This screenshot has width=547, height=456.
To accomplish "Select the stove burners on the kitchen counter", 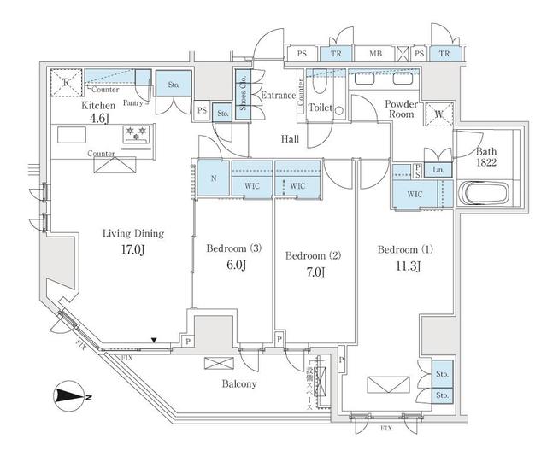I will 135,134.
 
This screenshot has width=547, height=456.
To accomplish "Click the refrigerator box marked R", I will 67,83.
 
